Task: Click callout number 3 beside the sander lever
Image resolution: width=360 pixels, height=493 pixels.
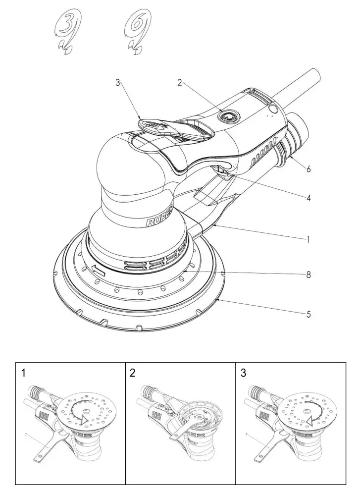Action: coord(118,83)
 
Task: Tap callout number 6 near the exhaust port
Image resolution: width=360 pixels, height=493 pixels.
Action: coord(308,169)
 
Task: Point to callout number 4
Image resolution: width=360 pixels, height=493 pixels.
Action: coord(308,197)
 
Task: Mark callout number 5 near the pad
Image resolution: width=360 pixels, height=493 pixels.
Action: coord(308,314)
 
